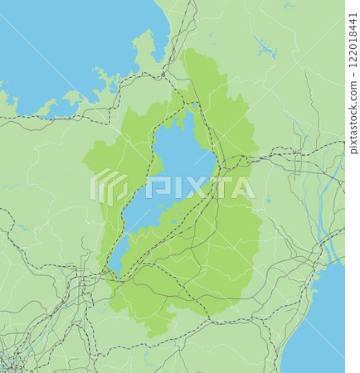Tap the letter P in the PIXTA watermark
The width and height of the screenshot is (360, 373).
[x=155, y=187]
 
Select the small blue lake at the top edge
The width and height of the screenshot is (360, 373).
[x=288, y=6]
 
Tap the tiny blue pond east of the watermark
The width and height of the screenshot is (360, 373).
[x=268, y=200]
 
